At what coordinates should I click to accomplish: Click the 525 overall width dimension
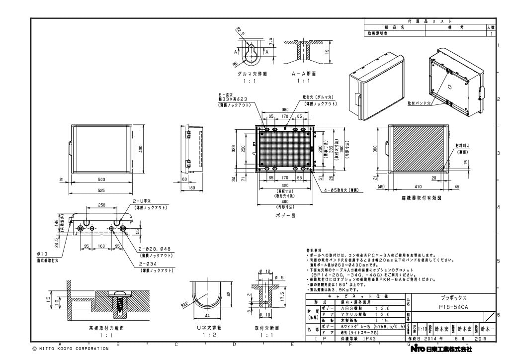click(101, 190)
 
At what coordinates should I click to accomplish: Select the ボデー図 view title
click(285, 216)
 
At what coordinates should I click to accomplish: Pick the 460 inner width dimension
click(285, 202)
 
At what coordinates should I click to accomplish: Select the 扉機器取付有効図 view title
click(421, 197)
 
